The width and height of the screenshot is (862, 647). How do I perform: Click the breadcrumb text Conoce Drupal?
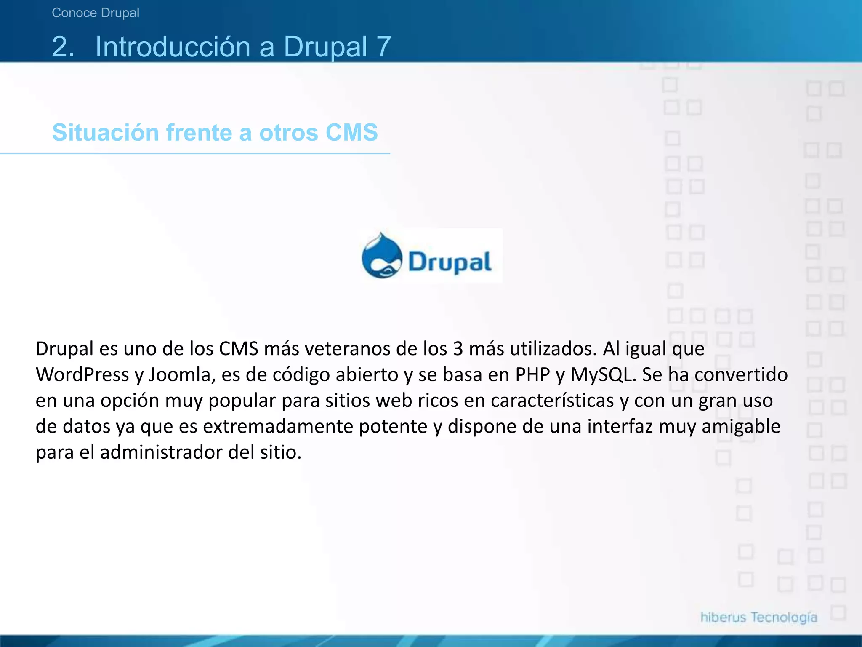(96, 13)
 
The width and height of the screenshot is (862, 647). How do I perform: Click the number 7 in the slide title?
(384, 46)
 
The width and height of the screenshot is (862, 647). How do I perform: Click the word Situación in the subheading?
(105, 133)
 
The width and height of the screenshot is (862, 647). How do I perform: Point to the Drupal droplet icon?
(382, 256)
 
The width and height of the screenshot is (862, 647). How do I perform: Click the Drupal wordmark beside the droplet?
(450, 262)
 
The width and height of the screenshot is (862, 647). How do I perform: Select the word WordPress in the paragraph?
(82, 375)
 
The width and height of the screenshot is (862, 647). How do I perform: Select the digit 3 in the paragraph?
(458, 349)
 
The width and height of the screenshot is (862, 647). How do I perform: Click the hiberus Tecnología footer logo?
(758, 618)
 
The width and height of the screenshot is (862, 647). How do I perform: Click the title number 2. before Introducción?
(63, 46)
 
